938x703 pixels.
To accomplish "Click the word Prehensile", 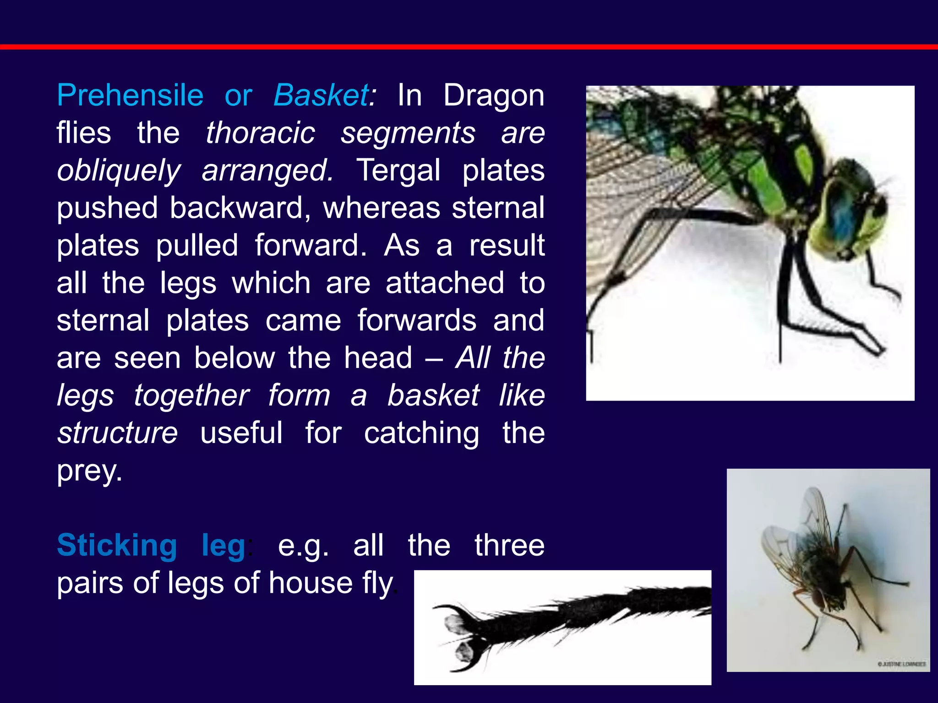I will tap(130, 96).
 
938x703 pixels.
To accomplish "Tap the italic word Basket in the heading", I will tap(322, 96).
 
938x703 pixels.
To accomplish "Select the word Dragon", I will tap(494, 96).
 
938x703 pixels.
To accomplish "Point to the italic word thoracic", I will tap(260, 133).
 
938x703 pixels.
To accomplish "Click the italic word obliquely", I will tap(119, 171).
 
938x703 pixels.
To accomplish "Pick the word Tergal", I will tap(398, 171).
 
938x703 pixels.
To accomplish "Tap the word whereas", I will tap(381, 208).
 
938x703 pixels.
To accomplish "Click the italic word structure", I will tap(117, 433).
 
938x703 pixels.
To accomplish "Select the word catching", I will tap(421, 433).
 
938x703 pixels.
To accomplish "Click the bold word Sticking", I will tap(117, 546).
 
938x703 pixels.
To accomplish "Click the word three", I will tap(509, 546).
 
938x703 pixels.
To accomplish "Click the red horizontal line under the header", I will tap(469, 47).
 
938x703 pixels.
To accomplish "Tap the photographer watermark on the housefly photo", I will tap(901, 664).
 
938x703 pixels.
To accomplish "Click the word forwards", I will tap(417, 320).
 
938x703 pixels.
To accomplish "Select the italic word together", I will tap(191, 395).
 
